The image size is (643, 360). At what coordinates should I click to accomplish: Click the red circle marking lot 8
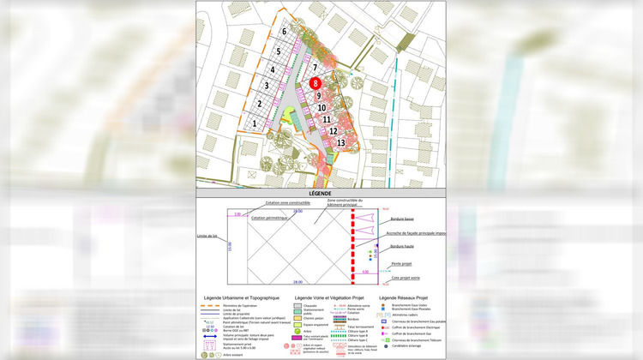(316, 84)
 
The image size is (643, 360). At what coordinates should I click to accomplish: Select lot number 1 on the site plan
(254, 123)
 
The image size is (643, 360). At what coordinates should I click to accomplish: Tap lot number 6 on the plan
(284, 32)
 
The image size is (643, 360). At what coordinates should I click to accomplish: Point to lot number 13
(341, 142)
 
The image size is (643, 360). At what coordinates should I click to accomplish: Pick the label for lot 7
(315, 67)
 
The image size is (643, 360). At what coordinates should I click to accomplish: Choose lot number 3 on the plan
(267, 86)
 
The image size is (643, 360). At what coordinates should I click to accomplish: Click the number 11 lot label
(327, 120)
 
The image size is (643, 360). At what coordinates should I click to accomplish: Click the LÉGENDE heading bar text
(321, 195)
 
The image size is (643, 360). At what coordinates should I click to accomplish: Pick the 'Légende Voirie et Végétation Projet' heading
(328, 297)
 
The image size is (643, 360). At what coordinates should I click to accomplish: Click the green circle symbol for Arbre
(297, 331)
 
